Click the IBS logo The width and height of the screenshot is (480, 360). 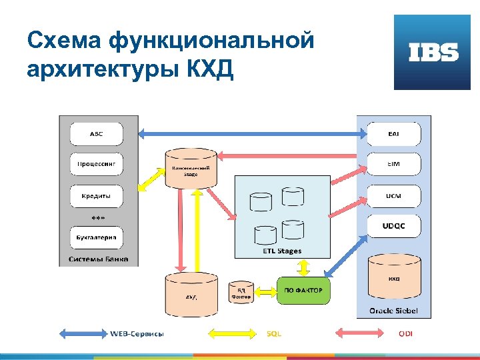point(433,53)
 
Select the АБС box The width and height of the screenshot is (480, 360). point(97,133)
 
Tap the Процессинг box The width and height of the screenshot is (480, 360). point(97,164)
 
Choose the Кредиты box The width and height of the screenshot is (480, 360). point(97,196)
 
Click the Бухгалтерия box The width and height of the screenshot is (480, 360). point(97,237)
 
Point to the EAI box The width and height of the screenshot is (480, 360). point(393,134)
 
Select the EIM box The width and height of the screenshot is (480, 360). point(393,164)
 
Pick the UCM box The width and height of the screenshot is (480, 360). point(393,196)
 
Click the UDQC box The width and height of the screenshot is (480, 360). point(393,226)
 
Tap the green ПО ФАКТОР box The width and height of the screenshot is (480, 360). point(303,291)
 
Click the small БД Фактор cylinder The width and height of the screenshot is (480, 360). point(241,292)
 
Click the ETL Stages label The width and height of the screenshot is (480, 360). point(282,251)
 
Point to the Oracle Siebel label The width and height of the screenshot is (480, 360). point(393,311)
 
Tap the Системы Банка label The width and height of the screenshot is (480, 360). point(99,259)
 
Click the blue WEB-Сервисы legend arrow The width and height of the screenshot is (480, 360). point(83,333)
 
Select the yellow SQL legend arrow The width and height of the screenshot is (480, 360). point(233,333)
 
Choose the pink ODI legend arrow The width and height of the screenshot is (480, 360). point(360,333)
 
